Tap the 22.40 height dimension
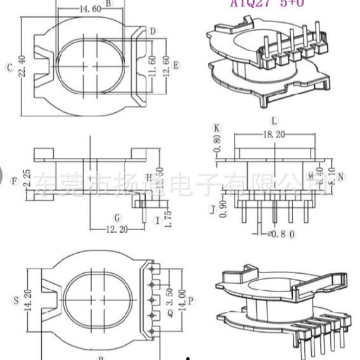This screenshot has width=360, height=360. pyautogui.click(x=23, y=67)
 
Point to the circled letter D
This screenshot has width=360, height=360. pyautogui.click(x=153, y=31)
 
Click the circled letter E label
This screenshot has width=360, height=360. pyautogui.click(x=176, y=65)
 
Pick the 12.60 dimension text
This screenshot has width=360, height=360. pyautogui.click(x=166, y=65)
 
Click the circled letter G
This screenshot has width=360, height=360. pyautogui.click(x=117, y=217)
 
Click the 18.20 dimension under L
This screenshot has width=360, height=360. pyautogui.click(x=273, y=135)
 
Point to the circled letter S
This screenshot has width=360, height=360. pyautogui.click(x=15, y=299)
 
